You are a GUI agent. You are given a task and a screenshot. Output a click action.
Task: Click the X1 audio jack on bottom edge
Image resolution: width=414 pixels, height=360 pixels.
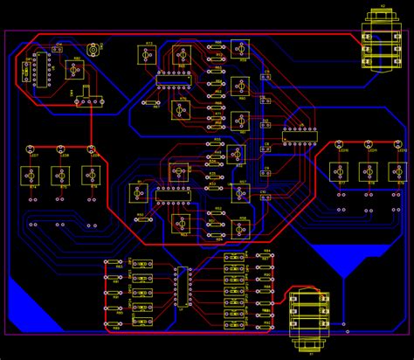[x=310, y=320]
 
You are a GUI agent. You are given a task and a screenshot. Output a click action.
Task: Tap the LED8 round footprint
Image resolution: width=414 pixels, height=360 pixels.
[x=61, y=149]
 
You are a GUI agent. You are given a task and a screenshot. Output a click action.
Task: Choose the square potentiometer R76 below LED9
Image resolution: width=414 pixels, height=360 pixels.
[x=90, y=176]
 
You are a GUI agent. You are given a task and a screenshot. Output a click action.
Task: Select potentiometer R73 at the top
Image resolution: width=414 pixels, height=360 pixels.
[x=148, y=54]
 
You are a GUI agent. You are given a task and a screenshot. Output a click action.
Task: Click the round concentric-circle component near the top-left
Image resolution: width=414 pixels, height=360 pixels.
[x=93, y=51]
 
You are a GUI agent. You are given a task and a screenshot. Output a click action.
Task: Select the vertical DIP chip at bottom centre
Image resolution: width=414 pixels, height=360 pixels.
[x=183, y=287]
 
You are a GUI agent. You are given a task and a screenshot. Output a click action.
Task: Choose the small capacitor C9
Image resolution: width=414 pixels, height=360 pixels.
[x=267, y=175]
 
